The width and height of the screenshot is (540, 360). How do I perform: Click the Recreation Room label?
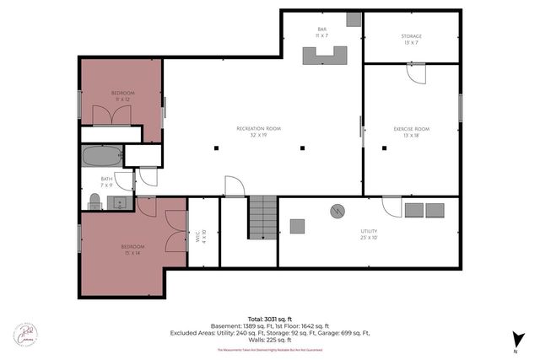258,128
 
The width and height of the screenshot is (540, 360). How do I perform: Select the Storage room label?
411,36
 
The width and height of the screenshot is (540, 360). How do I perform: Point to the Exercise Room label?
411,128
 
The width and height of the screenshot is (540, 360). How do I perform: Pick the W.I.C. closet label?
197,235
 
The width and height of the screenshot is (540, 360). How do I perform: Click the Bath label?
106,179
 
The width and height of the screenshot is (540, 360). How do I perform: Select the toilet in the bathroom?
94,201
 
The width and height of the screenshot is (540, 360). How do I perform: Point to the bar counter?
327,55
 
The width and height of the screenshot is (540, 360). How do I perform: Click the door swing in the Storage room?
415,74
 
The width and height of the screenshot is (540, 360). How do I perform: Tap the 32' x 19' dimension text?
258,135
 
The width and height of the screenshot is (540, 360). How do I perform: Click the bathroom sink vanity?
119,202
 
